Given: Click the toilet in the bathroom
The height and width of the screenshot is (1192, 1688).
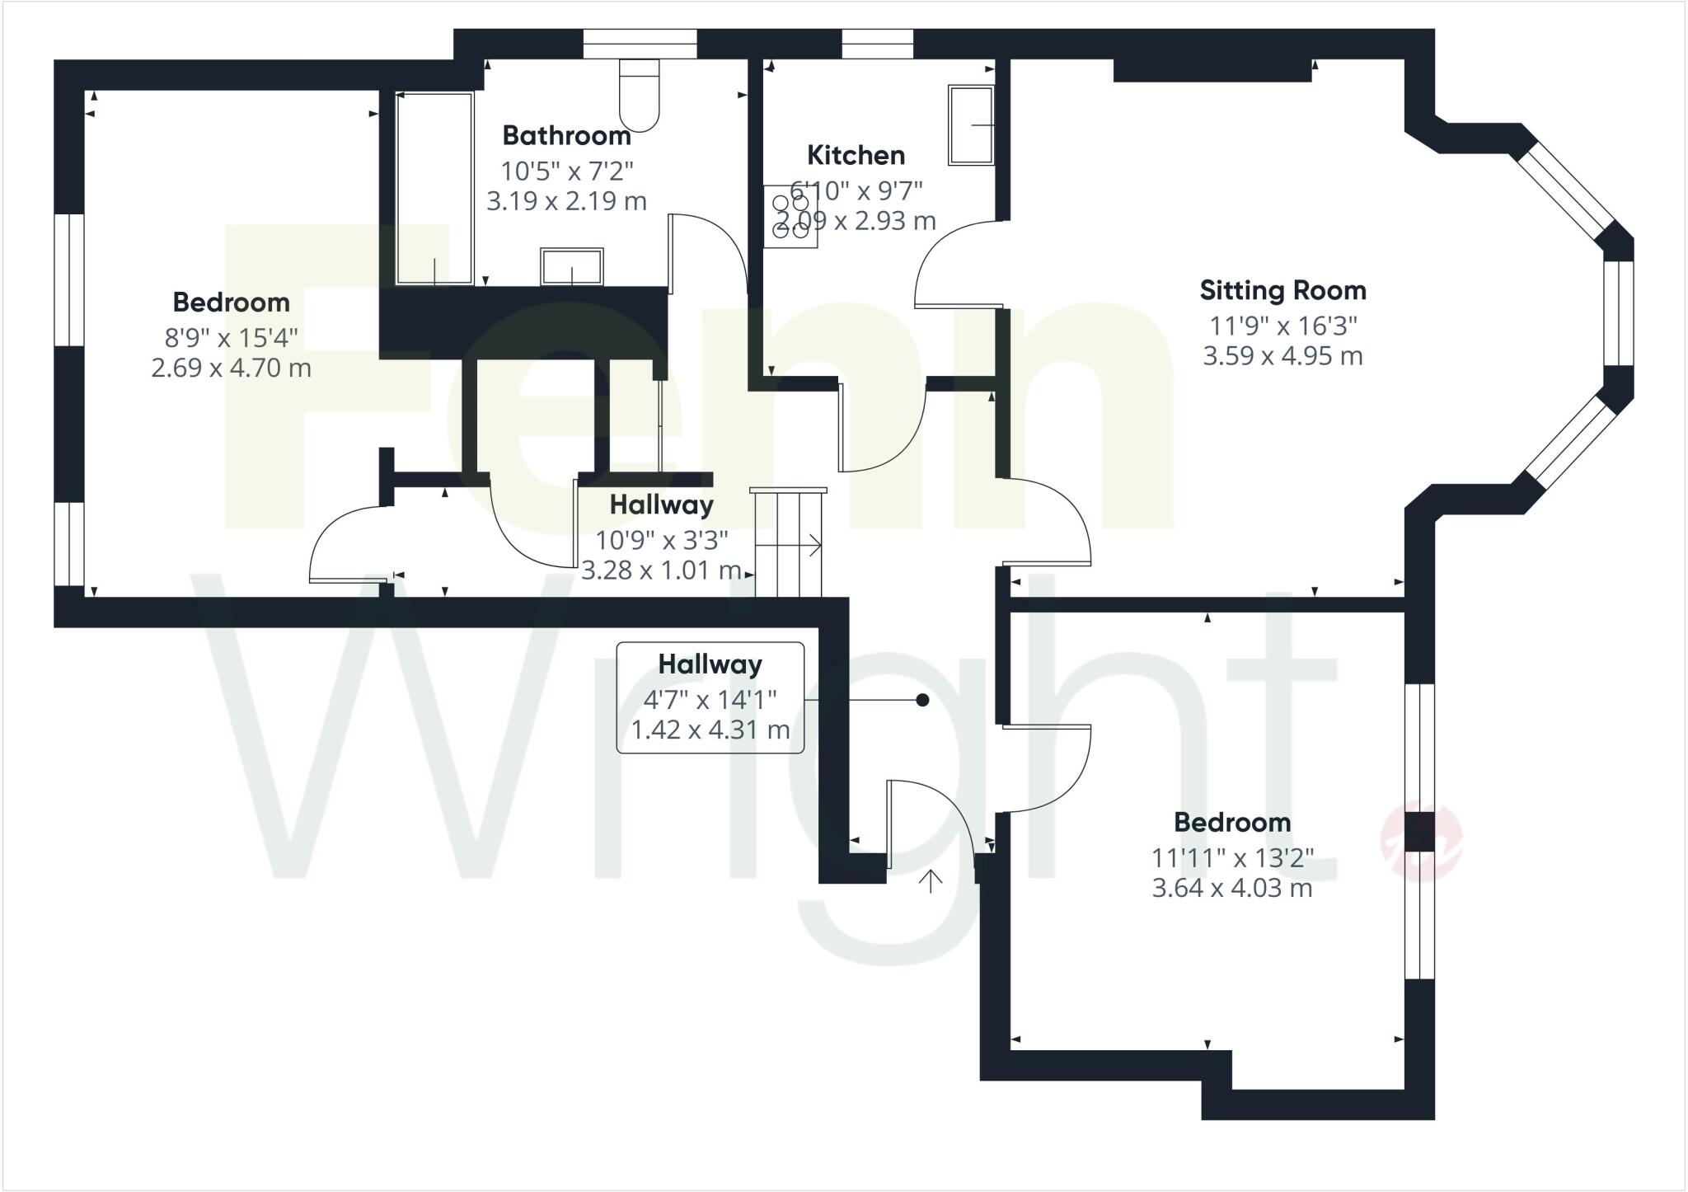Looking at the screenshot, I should (x=639, y=95).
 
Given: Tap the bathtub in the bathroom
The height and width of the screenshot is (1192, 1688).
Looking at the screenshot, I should (x=434, y=188).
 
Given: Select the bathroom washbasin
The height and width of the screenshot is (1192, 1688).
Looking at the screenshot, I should (x=571, y=266).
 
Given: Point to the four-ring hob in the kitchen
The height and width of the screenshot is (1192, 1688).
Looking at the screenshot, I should (x=790, y=217).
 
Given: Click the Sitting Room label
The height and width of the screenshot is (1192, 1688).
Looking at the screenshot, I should (x=1282, y=290).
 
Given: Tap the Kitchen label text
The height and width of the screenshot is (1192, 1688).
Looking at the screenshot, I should (x=856, y=155).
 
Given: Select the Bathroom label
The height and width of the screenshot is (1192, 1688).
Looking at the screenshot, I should (x=566, y=135).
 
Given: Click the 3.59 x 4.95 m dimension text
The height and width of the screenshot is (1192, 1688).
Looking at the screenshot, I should (x=1282, y=356).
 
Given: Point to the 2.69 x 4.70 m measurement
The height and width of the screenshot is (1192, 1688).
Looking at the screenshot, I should (x=231, y=368).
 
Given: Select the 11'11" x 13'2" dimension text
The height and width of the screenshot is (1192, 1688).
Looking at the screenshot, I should (x=1231, y=858).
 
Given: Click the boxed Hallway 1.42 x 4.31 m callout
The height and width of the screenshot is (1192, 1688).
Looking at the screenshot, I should (x=710, y=697).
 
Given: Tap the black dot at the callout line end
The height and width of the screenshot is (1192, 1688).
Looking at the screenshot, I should (x=922, y=700).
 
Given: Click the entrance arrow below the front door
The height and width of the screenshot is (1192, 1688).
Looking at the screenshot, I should (x=931, y=881).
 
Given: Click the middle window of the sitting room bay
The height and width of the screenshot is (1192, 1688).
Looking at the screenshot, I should (x=1619, y=313).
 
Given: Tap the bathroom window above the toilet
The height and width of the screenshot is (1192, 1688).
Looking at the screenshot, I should (x=640, y=44).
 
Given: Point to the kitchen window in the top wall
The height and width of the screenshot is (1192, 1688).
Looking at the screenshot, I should (x=877, y=44).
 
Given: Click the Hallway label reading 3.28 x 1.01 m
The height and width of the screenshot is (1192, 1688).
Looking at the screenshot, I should (x=661, y=537).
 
